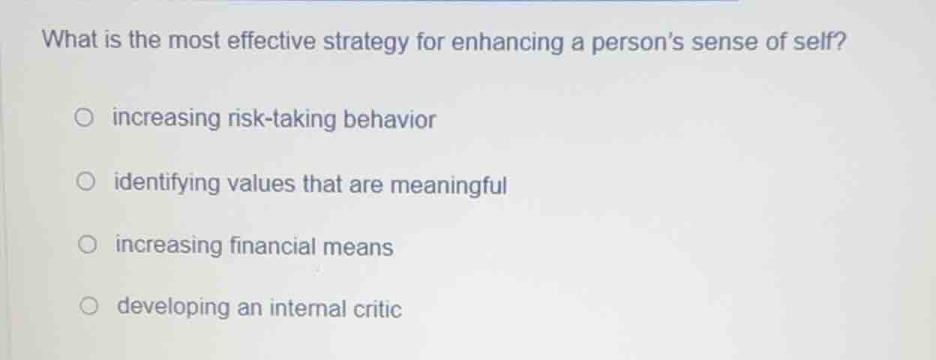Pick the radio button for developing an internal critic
91,306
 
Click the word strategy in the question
366,42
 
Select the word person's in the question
638,43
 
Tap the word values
262,184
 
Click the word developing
174,308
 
